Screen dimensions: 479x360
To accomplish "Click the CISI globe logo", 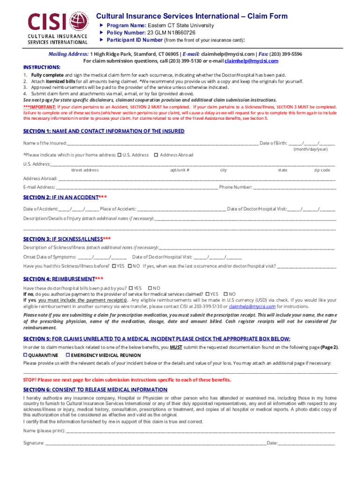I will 78,21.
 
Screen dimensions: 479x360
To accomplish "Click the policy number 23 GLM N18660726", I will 172,33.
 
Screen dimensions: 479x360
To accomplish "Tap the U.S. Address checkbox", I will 119,155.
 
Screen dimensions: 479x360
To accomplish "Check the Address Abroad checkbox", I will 156,155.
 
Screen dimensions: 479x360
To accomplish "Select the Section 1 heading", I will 104,131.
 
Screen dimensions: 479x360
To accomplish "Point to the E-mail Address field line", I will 130,188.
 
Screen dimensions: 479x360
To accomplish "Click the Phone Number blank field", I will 294,188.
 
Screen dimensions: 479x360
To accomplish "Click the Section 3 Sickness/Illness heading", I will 67,239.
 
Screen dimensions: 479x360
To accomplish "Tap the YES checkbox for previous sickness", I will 114,266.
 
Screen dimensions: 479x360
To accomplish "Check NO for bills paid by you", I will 150,288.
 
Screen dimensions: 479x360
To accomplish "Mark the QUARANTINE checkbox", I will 26,356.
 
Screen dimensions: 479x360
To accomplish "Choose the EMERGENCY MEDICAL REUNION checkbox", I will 68,356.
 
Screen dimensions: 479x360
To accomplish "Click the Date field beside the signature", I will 307,443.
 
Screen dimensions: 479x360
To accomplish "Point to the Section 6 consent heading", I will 95,390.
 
